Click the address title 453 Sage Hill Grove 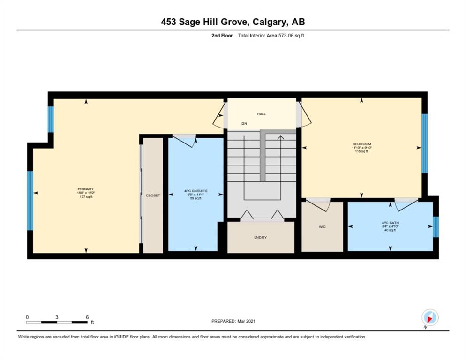point(233,22)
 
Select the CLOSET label point(153,195)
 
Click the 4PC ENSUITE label point(195,191)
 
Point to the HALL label point(262,114)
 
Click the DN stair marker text point(244,124)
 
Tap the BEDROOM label point(361,144)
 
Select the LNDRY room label point(260,237)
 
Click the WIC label point(322,226)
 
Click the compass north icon point(429,317)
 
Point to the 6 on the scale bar point(87,317)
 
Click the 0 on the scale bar point(27,317)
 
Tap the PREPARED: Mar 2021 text point(233,321)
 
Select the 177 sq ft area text point(86,197)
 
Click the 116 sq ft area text point(361,151)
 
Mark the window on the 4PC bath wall point(436,226)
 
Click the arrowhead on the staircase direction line point(280,137)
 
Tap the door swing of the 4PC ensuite point(185,140)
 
